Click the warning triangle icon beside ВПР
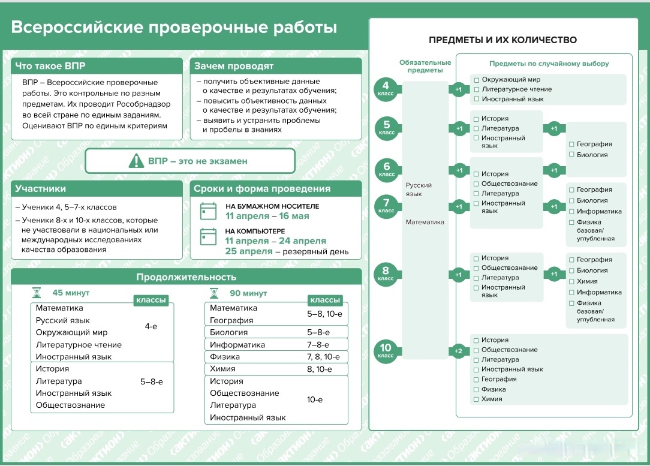[136, 161]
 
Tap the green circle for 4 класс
[386, 89]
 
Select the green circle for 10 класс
[386, 351]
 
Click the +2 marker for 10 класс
[458, 351]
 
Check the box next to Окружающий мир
[477, 80]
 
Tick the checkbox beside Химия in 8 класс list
[571, 281]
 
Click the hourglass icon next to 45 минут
[37, 293]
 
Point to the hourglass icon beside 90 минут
[214, 293]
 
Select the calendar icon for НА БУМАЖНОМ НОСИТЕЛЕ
[208, 211]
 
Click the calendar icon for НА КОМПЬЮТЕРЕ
[208, 237]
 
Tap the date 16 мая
[294, 216]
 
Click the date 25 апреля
[249, 251]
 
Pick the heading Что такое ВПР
[50, 66]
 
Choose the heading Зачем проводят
[234, 66]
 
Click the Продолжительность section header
[186, 277]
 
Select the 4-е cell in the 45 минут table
[151, 326]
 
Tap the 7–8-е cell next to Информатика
[318, 344]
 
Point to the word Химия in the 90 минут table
[222, 369]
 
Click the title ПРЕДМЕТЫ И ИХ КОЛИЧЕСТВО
[503, 40]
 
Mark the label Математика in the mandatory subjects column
[425, 223]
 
